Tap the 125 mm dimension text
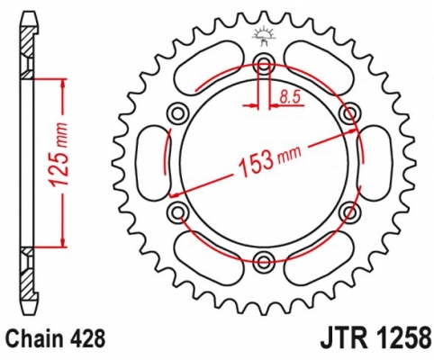pos(58,155)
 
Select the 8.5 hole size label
pos(290,97)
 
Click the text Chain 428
pos(56,339)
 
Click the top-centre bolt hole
pos(264,63)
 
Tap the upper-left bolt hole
pos(178,113)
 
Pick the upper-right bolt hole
pos(350,112)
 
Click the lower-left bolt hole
pos(178,211)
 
